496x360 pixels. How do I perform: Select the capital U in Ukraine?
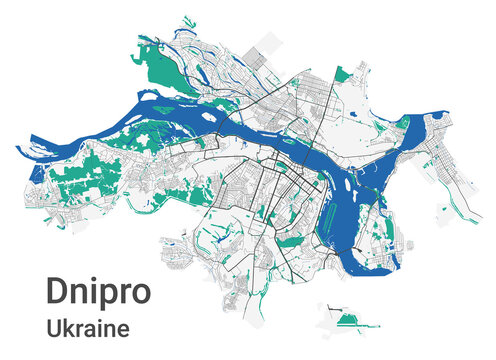[54, 326]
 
